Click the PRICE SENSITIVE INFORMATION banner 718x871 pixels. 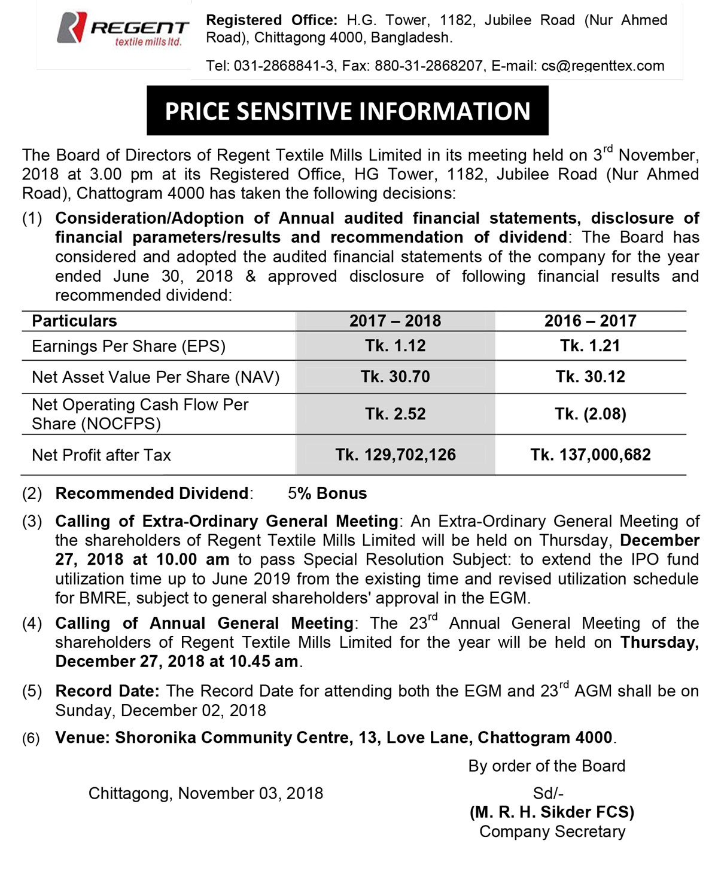(x=347, y=111)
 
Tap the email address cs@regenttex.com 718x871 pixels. (x=603, y=66)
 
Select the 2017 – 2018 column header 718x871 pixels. (x=395, y=321)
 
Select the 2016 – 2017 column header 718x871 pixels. (x=590, y=321)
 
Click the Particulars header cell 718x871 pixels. (x=74, y=321)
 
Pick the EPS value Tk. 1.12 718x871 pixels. (x=395, y=346)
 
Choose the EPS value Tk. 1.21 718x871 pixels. (x=590, y=346)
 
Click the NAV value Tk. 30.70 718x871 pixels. (x=395, y=377)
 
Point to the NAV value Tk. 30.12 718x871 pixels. (x=590, y=377)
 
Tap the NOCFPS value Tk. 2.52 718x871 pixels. (x=395, y=414)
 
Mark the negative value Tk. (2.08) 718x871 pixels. (x=590, y=414)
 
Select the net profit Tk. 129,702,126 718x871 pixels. (x=395, y=455)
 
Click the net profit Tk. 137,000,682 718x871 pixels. (x=590, y=455)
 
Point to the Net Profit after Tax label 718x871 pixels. (x=101, y=455)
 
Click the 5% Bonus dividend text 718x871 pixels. (x=327, y=494)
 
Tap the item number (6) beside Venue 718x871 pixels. (x=32, y=738)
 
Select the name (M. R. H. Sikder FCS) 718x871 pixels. (x=552, y=812)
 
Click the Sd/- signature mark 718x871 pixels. (x=548, y=794)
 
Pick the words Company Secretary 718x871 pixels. (x=552, y=832)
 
